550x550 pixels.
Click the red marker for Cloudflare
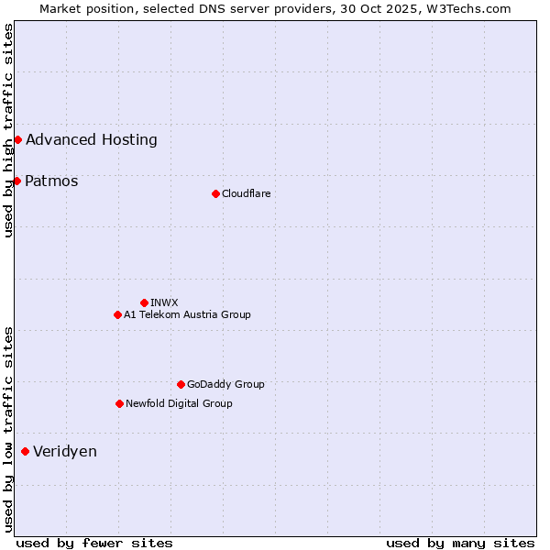tap(215, 193)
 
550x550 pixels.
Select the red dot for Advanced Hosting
tap(17, 139)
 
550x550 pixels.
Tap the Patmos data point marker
tap(16, 181)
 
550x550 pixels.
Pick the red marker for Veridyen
tap(25, 451)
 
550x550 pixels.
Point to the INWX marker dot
tap(144, 302)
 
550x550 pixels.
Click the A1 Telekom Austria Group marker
tap(117, 314)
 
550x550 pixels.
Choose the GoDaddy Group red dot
tap(181, 384)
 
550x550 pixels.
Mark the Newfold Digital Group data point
tap(119, 403)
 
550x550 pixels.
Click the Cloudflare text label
tap(246, 193)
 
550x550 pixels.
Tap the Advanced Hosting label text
tap(92, 139)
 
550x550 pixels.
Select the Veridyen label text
tap(65, 451)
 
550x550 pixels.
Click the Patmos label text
tap(51, 181)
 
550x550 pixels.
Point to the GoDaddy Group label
tap(225, 384)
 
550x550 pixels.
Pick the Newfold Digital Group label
tap(179, 403)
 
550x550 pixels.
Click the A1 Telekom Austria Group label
tap(187, 314)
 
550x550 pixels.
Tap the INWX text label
tap(164, 302)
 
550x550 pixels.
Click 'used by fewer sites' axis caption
tap(94, 543)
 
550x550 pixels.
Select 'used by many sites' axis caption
tap(460, 543)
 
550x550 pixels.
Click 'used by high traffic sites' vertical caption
tap(8, 129)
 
